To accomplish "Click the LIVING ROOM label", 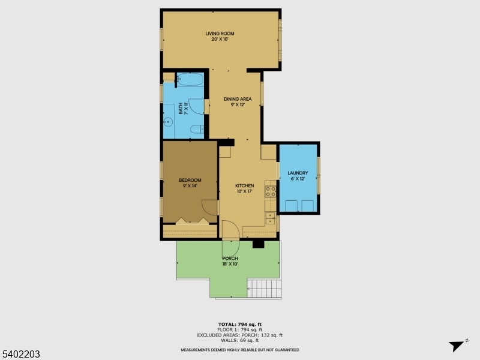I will [220, 34].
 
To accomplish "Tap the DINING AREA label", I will [238, 99].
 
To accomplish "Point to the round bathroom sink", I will [169, 122].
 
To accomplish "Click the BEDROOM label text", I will [190, 180].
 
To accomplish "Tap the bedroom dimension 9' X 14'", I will [190, 186].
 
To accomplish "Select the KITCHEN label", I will [245, 186].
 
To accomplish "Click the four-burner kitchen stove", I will [271, 191].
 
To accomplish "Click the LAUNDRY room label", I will [298, 173].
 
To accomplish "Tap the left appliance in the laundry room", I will [291, 206].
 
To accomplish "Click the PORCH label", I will [230, 259].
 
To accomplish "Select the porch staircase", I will [265, 289].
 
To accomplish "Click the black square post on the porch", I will [259, 244].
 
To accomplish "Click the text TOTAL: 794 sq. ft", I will [240, 324].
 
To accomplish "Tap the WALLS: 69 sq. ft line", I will [240, 340].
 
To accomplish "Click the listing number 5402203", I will [21, 354].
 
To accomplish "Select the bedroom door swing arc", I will [209, 208].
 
